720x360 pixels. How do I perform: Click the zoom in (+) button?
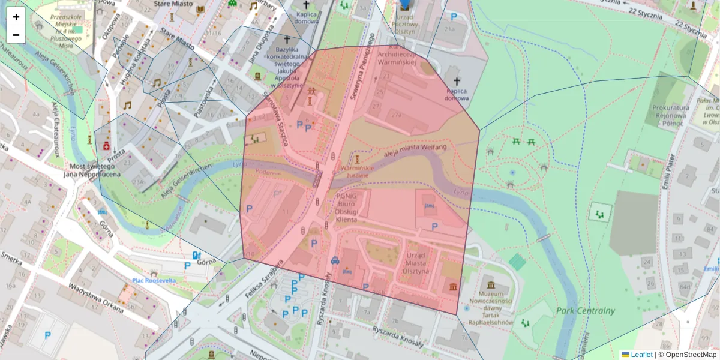pos(16,17)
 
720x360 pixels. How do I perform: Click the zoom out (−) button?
pos(16,35)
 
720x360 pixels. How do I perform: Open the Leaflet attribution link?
pos(641,355)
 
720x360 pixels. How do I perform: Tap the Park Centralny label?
pos(585,311)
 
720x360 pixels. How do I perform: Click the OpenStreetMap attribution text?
pos(690,355)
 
